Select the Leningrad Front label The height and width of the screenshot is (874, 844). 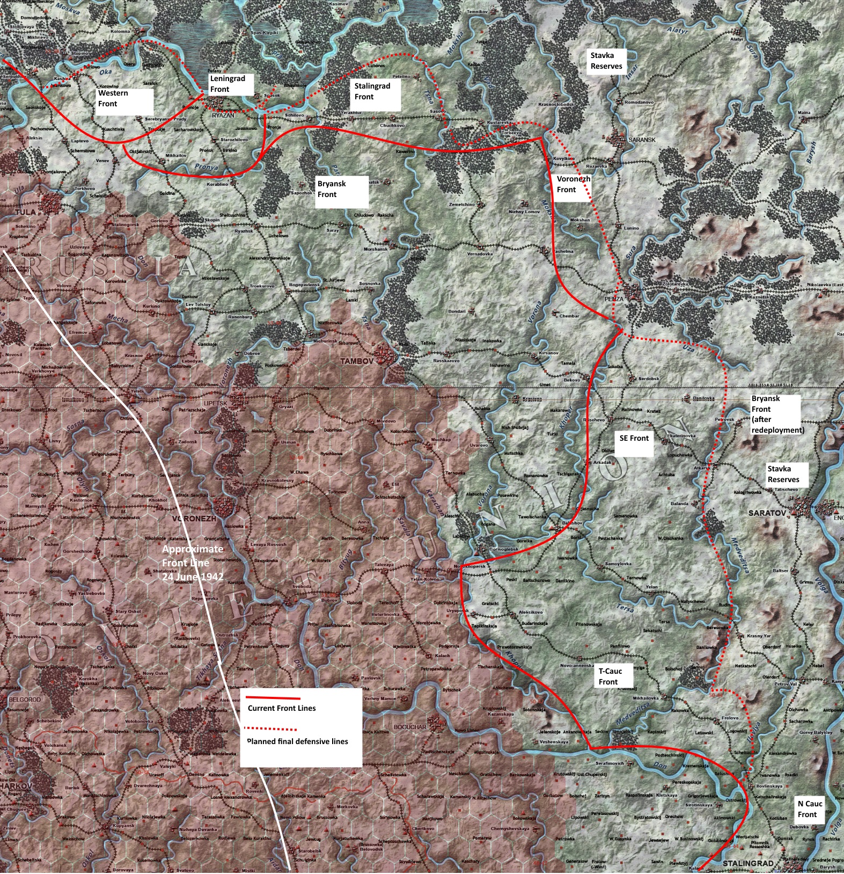click(230, 84)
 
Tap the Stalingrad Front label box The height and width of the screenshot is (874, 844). click(376, 92)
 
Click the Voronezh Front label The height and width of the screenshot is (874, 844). click(573, 185)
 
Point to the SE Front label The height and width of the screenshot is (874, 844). click(634, 439)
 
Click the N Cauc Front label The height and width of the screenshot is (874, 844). click(810, 809)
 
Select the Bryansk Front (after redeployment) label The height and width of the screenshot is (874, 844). click(775, 414)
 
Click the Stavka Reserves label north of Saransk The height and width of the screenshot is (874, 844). click(607, 61)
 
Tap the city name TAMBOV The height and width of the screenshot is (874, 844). click(356, 361)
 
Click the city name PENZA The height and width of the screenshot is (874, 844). click(614, 298)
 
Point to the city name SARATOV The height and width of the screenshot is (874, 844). click(767, 513)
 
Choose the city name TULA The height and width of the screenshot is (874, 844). click(25, 212)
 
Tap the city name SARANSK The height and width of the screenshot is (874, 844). click(642, 140)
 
